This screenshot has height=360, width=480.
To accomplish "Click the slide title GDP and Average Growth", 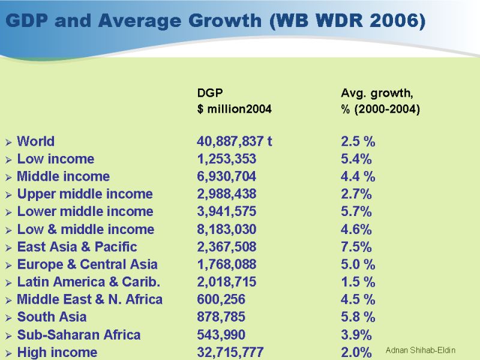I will (215, 22).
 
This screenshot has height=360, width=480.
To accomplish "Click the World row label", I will (35, 142).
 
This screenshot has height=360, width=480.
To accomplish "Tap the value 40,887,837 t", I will (235, 142).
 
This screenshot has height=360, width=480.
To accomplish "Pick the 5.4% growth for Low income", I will (356, 159).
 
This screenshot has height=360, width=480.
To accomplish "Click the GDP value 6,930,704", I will (226, 176).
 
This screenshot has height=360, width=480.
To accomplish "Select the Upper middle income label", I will (85, 194).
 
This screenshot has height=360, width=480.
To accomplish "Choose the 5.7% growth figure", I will (356, 212).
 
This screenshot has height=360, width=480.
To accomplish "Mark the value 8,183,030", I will (226, 229).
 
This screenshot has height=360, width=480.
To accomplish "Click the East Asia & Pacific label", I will (77, 247).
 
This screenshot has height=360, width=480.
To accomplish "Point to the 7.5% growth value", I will (356, 247).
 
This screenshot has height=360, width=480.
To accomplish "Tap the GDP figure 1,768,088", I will (226, 265).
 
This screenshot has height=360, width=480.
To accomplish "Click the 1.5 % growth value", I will (358, 282).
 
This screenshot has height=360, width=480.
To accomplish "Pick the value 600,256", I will (221, 299).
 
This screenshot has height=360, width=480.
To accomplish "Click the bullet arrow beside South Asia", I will (8, 317).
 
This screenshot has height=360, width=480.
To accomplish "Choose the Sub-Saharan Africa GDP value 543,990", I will (221, 335).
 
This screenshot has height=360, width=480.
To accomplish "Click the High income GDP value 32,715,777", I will (230, 352).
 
